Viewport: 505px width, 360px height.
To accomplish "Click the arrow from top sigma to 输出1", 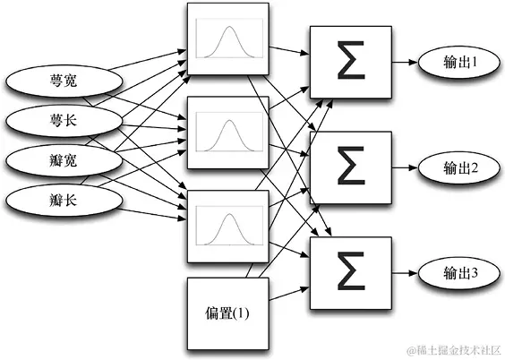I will (x=404, y=63).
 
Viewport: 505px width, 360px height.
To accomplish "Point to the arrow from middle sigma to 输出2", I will (x=404, y=167).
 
